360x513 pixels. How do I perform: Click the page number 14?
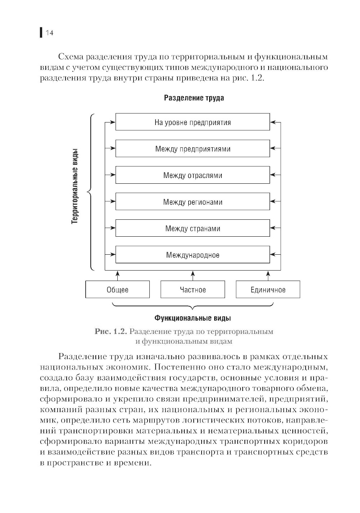(49, 33)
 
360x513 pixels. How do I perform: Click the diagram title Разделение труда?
(194, 98)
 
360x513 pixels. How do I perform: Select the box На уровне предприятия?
(193, 122)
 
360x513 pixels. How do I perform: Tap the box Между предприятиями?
(193, 149)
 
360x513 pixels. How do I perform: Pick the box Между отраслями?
(193, 175)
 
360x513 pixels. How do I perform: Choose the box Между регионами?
(193, 202)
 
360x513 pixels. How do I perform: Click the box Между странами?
(193, 228)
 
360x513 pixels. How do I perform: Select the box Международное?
(193, 255)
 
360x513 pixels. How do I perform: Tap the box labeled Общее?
(117, 290)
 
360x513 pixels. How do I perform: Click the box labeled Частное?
(193, 290)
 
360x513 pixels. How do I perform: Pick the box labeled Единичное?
(268, 290)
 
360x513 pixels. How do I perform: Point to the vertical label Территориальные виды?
(75, 187)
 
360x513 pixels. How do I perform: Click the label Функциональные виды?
(193, 318)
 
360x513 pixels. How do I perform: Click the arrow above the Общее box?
(117, 276)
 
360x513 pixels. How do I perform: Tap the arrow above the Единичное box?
(268, 276)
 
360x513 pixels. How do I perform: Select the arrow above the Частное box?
(193, 276)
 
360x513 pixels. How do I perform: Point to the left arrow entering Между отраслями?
(110, 175)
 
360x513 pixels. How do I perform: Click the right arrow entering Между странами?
(275, 228)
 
